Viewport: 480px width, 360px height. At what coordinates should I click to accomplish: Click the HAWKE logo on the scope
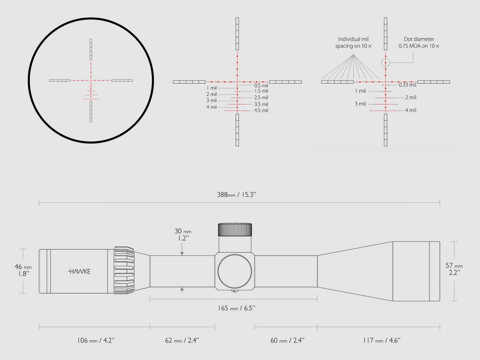tap(79, 271)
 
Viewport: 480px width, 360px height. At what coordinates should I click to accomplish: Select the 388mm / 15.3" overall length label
tap(236, 195)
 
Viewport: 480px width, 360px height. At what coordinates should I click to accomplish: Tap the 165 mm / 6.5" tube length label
tap(236, 308)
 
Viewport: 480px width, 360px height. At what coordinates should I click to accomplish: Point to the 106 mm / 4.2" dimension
tap(96, 340)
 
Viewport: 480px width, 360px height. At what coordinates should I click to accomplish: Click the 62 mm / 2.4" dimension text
tap(182, 340)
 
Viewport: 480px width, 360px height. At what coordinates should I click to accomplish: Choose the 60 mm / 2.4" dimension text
tap(287, 340)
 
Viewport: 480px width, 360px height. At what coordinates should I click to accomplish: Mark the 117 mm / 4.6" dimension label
tap(382, 340)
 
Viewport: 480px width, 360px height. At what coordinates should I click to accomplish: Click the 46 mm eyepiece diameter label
tap(23, 270)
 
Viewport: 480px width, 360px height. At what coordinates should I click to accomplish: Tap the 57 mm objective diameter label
tap(454, 269)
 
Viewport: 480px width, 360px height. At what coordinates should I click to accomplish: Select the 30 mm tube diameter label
tap(183, 234)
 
